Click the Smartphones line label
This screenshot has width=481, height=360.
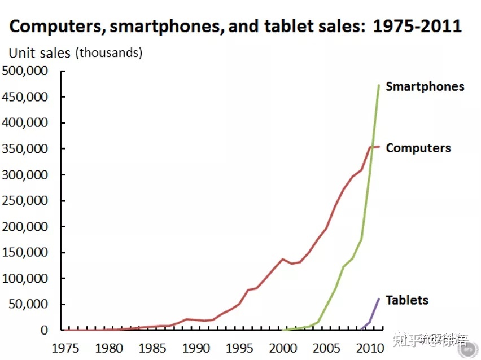tap(425, 86)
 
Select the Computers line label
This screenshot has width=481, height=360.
tap(418, 148)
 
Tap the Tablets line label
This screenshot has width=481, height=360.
tap(406, 300)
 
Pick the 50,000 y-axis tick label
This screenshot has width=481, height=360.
tap(29, 305)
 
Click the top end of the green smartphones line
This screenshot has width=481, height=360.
tap(379, 85)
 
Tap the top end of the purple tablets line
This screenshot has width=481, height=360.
tap(379, 298)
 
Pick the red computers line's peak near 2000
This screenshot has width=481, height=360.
tap(283, 259)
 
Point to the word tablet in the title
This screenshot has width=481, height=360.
tap(297, 26)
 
